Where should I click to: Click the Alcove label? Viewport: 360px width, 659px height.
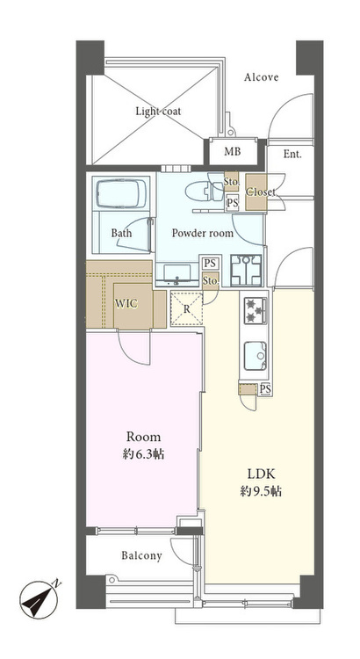[262, 77]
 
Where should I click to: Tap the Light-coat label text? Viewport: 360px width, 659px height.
[158, 112]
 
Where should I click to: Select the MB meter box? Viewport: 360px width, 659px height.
[233, 151]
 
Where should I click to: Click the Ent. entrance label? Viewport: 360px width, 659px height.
[292, 155]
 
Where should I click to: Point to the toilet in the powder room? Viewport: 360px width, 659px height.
[205, 192]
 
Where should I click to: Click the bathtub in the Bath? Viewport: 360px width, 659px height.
[122, 194]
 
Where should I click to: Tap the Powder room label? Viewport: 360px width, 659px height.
[203, 233]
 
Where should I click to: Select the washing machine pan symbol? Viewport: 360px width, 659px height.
[246, 271]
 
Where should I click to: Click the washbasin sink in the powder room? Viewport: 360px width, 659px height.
[176, 274]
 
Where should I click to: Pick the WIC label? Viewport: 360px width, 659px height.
[126, 303]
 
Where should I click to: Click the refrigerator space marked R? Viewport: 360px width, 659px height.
[186, 309]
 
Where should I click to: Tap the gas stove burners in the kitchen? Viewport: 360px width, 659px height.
[256, 311]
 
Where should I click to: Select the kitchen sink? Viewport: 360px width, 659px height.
[256, 356]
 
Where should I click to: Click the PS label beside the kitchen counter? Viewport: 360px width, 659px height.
[264, 389]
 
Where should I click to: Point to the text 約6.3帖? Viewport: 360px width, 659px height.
[144, 454]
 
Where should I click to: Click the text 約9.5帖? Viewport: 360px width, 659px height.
[261, 491]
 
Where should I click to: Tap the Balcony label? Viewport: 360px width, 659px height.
[141, 556]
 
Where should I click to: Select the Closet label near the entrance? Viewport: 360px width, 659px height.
[261, 192]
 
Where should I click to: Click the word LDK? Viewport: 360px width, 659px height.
[261, 474]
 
